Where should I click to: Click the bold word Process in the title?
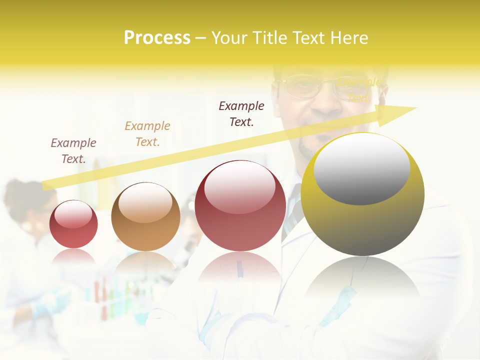[x=157, y=38]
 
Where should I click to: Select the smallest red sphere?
[x=73, y=224]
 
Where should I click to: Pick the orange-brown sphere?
[x=145, y=217]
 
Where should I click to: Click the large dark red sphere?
[x=240, y=206]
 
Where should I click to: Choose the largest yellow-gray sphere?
[x=362, y=195]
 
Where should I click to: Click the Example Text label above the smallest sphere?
[x=73, y=151]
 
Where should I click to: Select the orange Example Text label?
[x=147, y=134]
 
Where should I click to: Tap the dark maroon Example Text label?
[x=241, y=114]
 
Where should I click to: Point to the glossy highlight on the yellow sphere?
[x=361, y=167]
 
